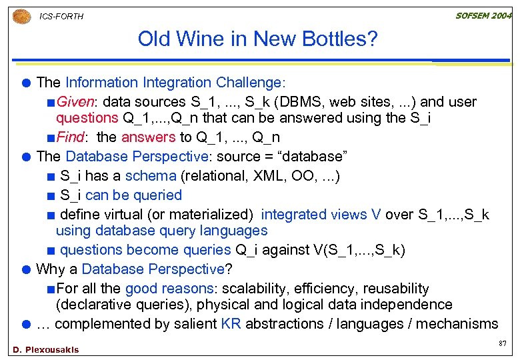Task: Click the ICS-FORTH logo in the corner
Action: pos(21,15)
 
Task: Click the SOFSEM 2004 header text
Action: pos(482,15)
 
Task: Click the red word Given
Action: pos(74,102)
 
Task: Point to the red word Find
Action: pos(70,137)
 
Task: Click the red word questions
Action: pos(86,118)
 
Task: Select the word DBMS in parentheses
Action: pos(296,102)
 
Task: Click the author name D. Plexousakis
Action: pos(45,349)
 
